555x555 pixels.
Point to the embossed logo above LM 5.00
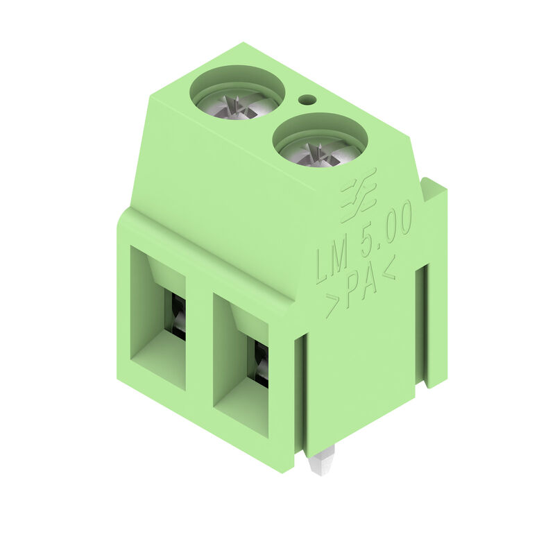coord(359,194)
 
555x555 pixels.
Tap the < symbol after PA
coord(389,270)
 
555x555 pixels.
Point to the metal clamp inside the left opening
coord(178,316)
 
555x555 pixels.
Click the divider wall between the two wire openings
coord(200,347)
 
